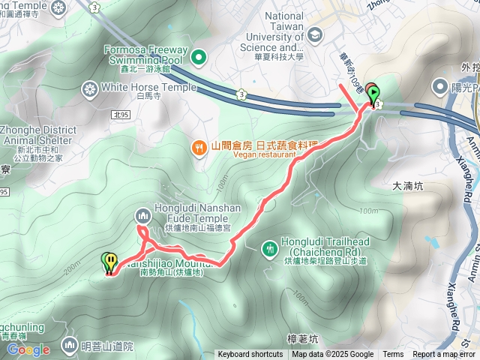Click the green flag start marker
375,94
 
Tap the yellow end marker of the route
110,262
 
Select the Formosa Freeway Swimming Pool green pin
199,56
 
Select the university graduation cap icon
314,34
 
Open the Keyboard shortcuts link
250,355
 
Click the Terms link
393,355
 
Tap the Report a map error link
445,355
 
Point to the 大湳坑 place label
409,184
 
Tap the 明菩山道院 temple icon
70,345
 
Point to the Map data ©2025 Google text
332,355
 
